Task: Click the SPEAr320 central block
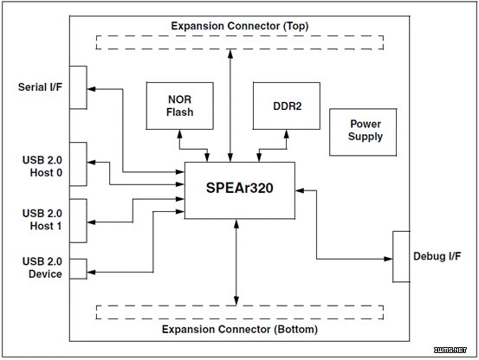[x=239, y=190]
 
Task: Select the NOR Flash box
[x=179, y=106]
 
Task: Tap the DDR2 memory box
[x=287, y=106]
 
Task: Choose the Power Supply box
[x=363, y=132]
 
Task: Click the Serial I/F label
[x=40, y=87]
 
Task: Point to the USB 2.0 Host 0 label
[x=42, y=166]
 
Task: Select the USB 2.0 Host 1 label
[x=42, y=220]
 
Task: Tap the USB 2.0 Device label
[x=42, y=267]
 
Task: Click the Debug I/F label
[x=437, y=256]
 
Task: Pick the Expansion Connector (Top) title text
[x=239, y=26]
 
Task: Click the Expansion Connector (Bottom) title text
[x=239, y=330]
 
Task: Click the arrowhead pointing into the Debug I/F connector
[x=388, y=259]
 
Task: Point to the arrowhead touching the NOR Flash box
[x=179, y=133]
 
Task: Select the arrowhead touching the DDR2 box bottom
[x=287, y=133]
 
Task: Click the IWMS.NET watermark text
[x=450, y=350]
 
